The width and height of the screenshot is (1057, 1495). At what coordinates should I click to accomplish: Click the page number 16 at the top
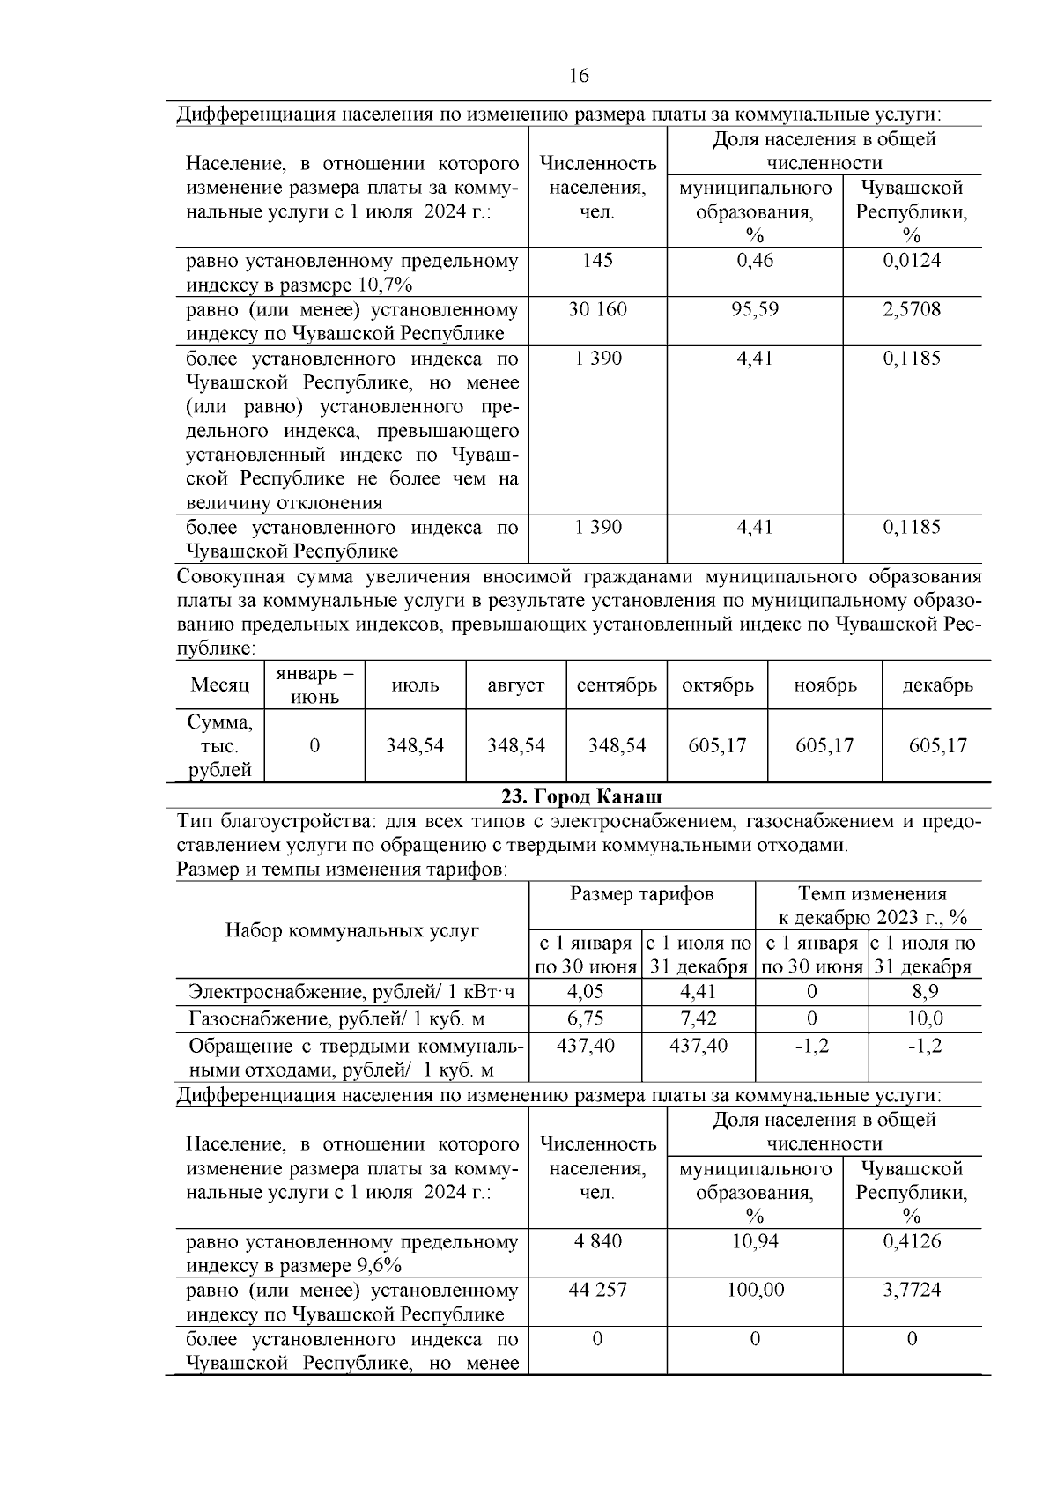pos(579,76)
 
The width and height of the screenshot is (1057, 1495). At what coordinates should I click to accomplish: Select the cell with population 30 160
pos(597,309)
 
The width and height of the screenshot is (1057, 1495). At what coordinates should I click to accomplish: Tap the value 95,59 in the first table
pos(754,309)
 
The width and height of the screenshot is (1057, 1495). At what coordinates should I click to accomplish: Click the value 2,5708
pos(912,309)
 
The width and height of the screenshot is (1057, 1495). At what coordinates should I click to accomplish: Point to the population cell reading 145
pos(597,261)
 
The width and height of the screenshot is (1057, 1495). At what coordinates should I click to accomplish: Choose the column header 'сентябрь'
pos(617,685)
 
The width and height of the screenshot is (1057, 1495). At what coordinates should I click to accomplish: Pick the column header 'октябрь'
pos(717,685)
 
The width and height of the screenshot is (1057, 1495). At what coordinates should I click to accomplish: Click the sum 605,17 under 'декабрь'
pos(937,745)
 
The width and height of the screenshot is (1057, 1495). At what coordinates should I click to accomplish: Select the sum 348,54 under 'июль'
pos(415,745)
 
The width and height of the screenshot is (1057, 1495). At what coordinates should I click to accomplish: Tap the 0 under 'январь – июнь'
pos(314,745)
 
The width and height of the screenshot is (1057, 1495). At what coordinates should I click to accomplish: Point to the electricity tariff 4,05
pos(585,992)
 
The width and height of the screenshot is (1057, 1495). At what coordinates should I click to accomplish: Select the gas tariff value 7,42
pos(699,1019)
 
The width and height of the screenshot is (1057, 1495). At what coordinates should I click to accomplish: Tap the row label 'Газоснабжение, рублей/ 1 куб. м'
pos(337,1019)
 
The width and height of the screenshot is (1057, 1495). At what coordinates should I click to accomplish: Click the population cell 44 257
pos(597,1290)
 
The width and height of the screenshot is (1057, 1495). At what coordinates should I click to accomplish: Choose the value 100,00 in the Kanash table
pos(754,1290)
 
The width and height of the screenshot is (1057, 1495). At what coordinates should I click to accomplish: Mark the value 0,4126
pos(912,1241)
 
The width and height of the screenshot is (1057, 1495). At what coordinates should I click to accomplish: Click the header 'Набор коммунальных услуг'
pos(352,930)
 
